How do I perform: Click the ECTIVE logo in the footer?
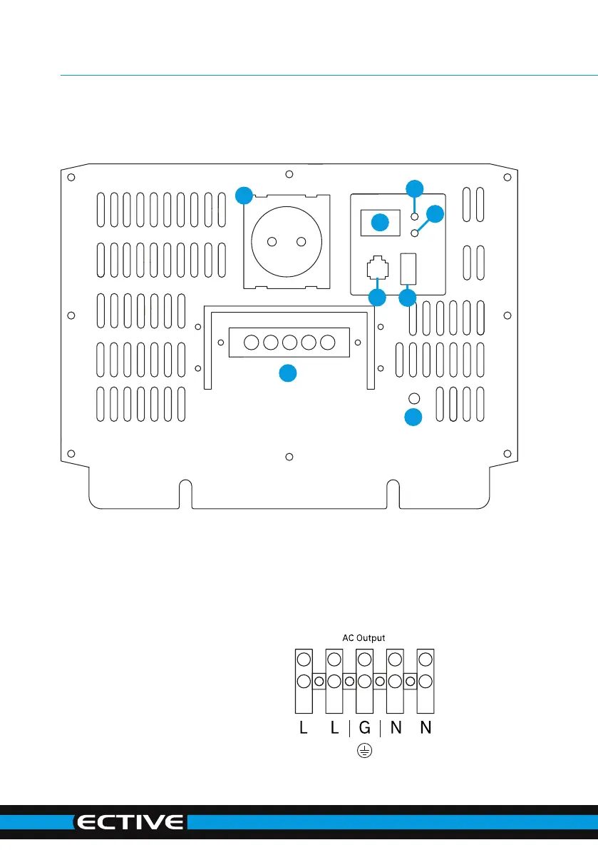tap(130, 822)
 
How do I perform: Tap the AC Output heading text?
tap(364, 638)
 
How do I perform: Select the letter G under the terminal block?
tap(365, 727)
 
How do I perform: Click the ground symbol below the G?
tap(365, 751)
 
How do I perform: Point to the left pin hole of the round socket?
tap(272, 242)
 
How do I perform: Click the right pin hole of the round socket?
tap(301, 242)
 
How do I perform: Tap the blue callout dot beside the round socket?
tap(244, 195)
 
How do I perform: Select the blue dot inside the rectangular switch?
tap(380, 222)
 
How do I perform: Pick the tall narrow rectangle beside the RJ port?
tap(408, 269)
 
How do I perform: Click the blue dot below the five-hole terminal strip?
tap(288, 373)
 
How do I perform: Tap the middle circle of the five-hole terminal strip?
tap(289, 343)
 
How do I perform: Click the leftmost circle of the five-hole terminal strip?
tap(252, 343)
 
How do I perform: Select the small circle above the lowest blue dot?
tap(414, 398)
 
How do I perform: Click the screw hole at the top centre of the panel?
tap(289, 174)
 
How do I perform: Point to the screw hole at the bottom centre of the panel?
tap(289, 457)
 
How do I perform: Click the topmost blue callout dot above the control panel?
tap(415, 188)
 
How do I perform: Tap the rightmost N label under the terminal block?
tap(426, 727)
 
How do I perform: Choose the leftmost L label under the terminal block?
tap(304, 727)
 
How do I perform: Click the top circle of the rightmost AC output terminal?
tap(426, 659)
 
